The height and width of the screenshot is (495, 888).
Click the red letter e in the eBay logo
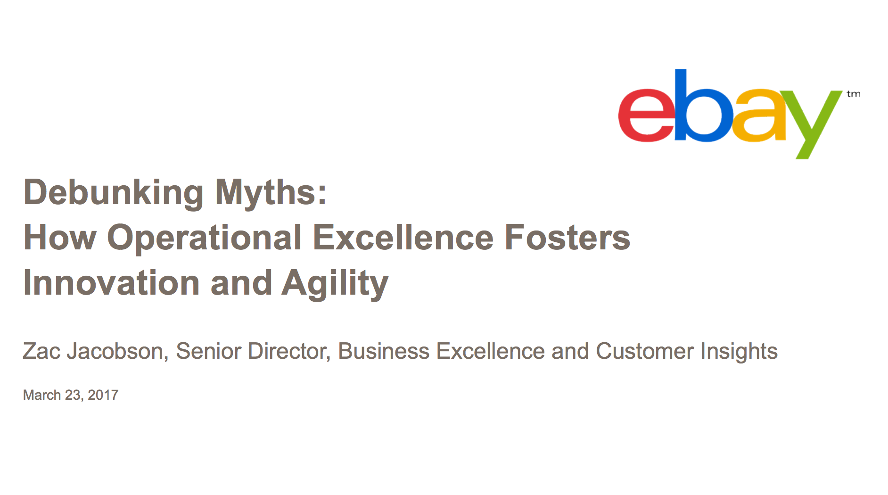(x=645, y=115)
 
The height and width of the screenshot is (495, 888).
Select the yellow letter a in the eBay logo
(x=760, y=116)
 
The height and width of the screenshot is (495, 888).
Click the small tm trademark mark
(x=853, y=94)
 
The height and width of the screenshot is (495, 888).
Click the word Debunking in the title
(x=113, y=193)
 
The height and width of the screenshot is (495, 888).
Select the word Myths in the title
(x=271, y=193)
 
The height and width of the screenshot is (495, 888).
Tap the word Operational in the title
(x=204, y=238)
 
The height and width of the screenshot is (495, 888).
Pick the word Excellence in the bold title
(x=403, y=237)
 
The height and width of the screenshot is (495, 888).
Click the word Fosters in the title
(x=567, y=237)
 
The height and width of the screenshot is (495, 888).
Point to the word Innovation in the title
(x=111, y=283)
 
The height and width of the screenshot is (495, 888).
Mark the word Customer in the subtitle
(x=644, y=351)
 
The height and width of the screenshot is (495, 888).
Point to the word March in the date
(x=42, y=395)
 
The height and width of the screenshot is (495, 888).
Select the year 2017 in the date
(x=103, y=395)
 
